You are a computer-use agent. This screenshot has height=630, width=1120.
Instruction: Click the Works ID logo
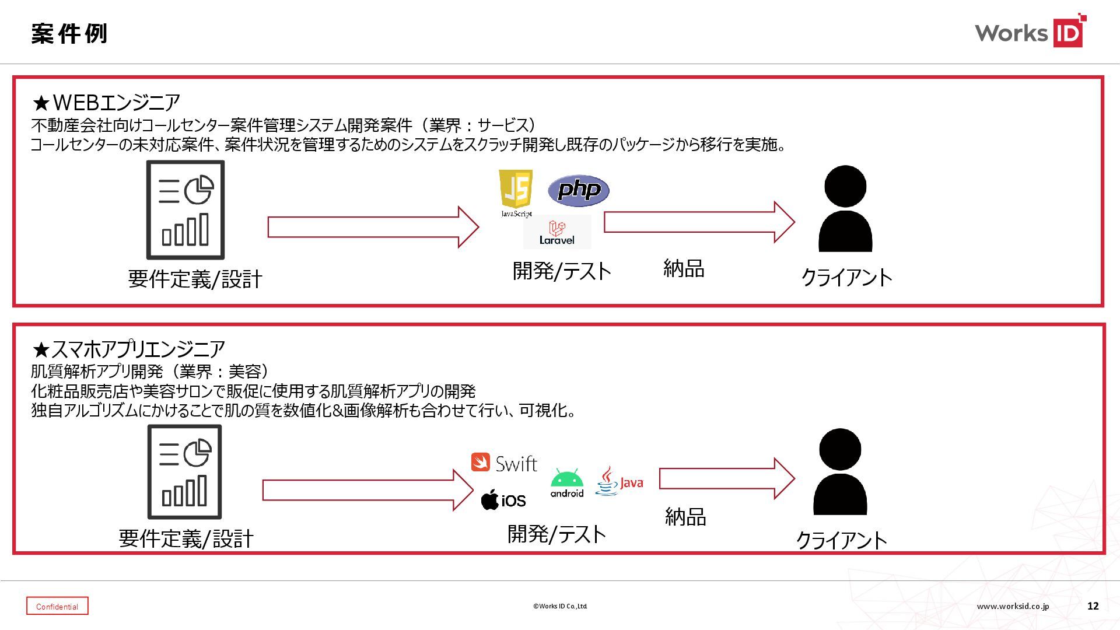click(x=1030, y=32)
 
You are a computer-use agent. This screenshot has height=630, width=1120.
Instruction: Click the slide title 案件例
click(x=69, y=34)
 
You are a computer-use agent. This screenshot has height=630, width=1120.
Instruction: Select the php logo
click(x=579, y=190)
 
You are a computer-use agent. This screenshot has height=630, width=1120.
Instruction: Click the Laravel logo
click(x=557, y=232)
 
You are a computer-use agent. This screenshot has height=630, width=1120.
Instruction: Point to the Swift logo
click(x=504, y=463)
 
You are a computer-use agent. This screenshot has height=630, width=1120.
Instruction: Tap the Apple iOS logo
click(x=503, y=501)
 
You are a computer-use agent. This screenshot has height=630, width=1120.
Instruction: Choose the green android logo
click(x=567, y=483)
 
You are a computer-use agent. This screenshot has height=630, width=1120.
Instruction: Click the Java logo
click(x=619, y=481)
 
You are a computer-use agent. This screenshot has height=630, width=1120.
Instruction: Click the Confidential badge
click(x=57, y=606)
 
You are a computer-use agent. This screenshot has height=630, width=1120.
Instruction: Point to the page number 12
click(x=1093, y=606)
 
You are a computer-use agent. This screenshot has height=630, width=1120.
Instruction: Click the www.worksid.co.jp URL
click(x=1013, y=606)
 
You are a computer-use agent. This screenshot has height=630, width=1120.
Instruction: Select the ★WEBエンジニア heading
click(x=106, y=103)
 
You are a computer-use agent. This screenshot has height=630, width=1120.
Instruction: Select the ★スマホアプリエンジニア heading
click(x=128, y=349)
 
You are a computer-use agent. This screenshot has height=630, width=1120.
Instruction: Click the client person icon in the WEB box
click(x=845, y=209)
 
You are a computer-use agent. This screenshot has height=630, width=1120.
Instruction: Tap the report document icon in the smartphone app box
click(x=184, y=471)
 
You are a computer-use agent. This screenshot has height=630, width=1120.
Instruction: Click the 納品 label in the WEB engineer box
click(x=684, y=268)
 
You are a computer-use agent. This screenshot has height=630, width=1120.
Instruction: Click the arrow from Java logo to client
click(x=727, y=479)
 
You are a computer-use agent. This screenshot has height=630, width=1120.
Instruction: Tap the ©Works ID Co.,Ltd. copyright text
click(x=560, y=606)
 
